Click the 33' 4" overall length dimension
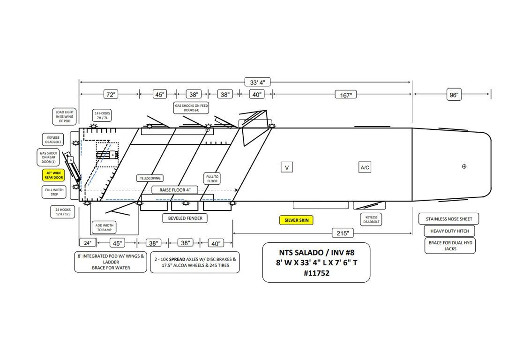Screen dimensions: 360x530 coord(257,82)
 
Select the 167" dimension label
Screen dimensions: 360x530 coord(346,95)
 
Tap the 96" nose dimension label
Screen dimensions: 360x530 coord(454,95)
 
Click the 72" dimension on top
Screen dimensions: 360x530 coord(110,95)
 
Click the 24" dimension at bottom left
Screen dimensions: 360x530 coord(88,243)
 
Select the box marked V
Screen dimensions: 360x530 coord(287,167)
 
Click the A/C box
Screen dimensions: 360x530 coord(365,167)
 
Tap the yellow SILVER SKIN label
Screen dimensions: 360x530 coord(296,220)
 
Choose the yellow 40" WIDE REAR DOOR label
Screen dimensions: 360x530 coord(53,175)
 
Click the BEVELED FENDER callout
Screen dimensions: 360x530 coord(185,218)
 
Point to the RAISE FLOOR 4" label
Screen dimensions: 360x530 coord(175,190)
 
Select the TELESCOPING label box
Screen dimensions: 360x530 coord(150,178)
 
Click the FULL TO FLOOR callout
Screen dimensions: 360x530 coord(212,178)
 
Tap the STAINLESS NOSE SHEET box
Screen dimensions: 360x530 coord(449,219)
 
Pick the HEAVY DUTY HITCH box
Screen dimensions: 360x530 coord(449,231)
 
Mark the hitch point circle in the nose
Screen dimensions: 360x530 coord(464,166)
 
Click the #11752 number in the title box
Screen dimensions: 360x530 coord(316,273)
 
